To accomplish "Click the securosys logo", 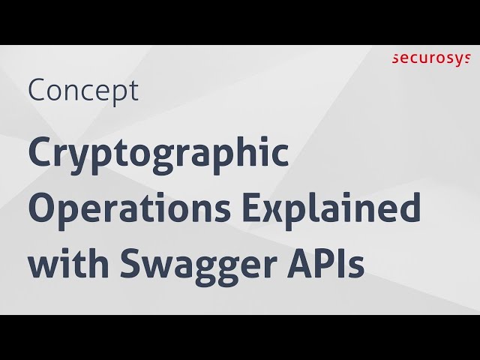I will click(x=435, y=58).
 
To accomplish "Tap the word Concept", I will click(x=83, y=91).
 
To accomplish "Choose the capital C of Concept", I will click(x=37, y=91).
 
